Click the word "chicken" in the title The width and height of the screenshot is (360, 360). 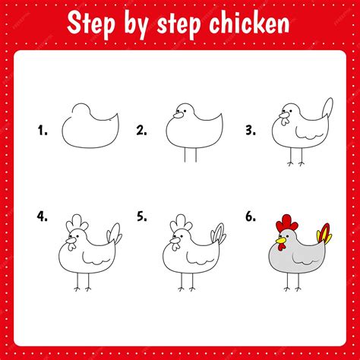coord(249,24)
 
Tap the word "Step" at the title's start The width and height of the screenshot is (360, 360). coord(92,24)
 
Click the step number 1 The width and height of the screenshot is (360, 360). coord(43,131)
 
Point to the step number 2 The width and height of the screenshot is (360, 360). coord(141,131)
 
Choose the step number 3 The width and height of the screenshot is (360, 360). coord(251,131)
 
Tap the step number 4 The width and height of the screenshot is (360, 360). coord(43,216)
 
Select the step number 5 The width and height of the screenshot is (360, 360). coord(141,216)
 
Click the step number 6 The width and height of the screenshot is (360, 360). coord(251,216)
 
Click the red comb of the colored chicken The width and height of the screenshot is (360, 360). coord(286,223)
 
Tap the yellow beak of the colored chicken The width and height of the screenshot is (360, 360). coord(281,240)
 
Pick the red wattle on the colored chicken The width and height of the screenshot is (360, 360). coord(282,246)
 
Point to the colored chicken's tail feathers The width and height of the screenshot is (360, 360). coord(324,233)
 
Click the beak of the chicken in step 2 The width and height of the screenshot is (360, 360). coord(178,115)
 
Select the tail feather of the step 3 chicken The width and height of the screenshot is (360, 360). coord(327,108)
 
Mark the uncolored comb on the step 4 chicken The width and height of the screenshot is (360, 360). coord(77,223)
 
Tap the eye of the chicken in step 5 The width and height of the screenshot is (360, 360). coord(182,236)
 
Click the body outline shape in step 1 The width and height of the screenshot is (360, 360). coord(90,147)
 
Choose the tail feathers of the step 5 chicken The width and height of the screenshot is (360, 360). coord(218,233)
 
